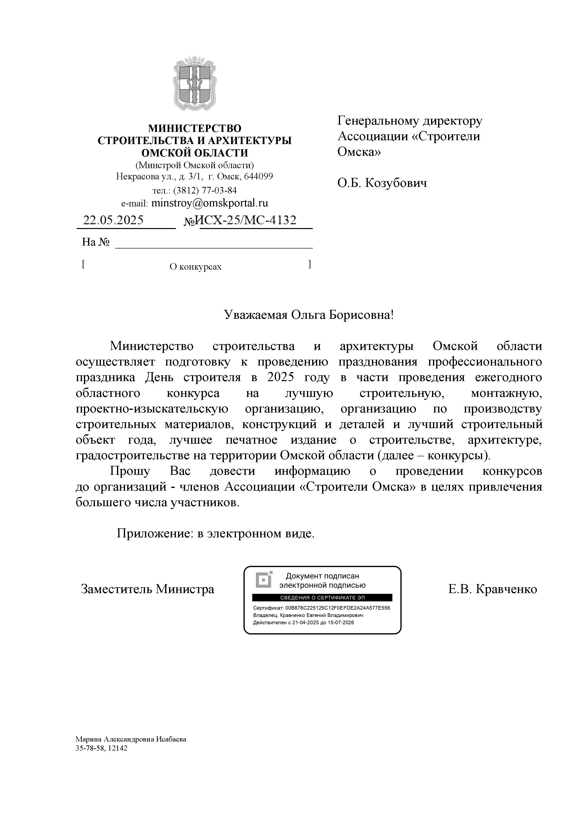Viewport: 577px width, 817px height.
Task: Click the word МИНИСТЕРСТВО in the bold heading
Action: pyautogui.click(x=195, y=128)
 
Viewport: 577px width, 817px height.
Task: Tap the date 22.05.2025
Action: pyautogui.click(x=113, y=220)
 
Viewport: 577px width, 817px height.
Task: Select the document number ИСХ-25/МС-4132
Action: pyautogui.click(x=246, y=220)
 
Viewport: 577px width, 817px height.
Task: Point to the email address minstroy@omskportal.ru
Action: pyautogui.click(x=209, y=203)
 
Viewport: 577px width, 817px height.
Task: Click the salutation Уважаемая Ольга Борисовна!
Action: pyautogui.click(x=308, y=315)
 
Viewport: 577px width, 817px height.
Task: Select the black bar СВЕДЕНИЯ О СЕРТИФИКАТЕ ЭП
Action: pyautogui.click(x=322, y=598)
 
